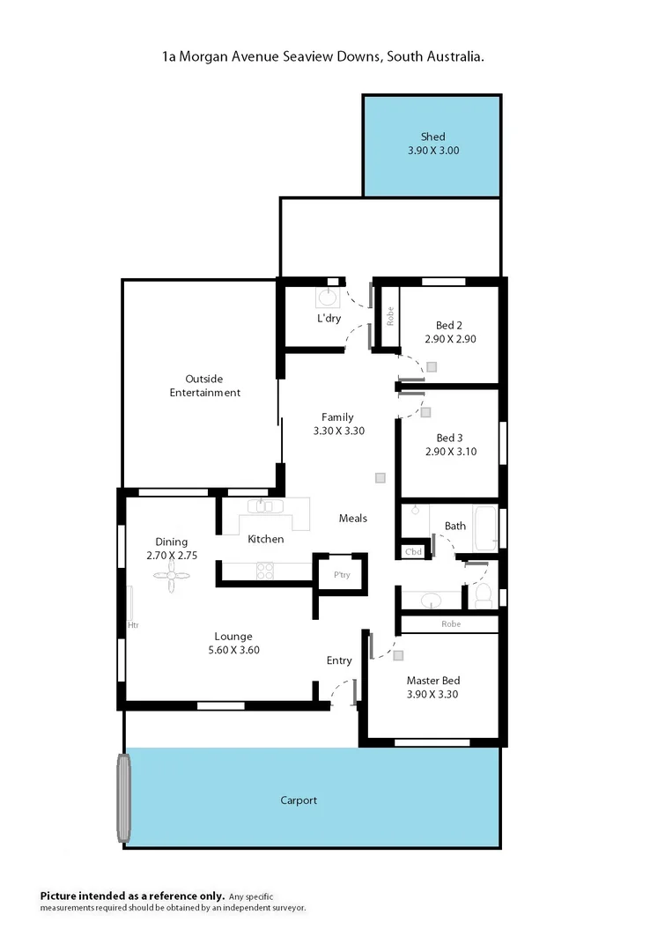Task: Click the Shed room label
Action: coord(432,136)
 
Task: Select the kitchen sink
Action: coord(263,506)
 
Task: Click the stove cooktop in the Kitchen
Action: coord(264,571)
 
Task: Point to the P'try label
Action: coord(342,575)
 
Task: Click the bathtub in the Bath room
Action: coord(485,527)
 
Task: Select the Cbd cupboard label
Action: coord(413,552)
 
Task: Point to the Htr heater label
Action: coord(133,625)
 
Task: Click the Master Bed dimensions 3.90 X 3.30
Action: coord(432,694)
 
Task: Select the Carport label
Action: coord(299,800)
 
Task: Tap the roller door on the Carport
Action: coord(124,798)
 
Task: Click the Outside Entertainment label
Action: coord(205,386)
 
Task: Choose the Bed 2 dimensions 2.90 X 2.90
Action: coord(450,338)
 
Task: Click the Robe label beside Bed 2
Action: coord(388,316)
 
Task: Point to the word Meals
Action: coord(353,518)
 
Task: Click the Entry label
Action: coord(339,660)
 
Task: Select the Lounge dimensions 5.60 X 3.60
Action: coord(233,650)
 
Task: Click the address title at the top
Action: coord(322,55)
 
